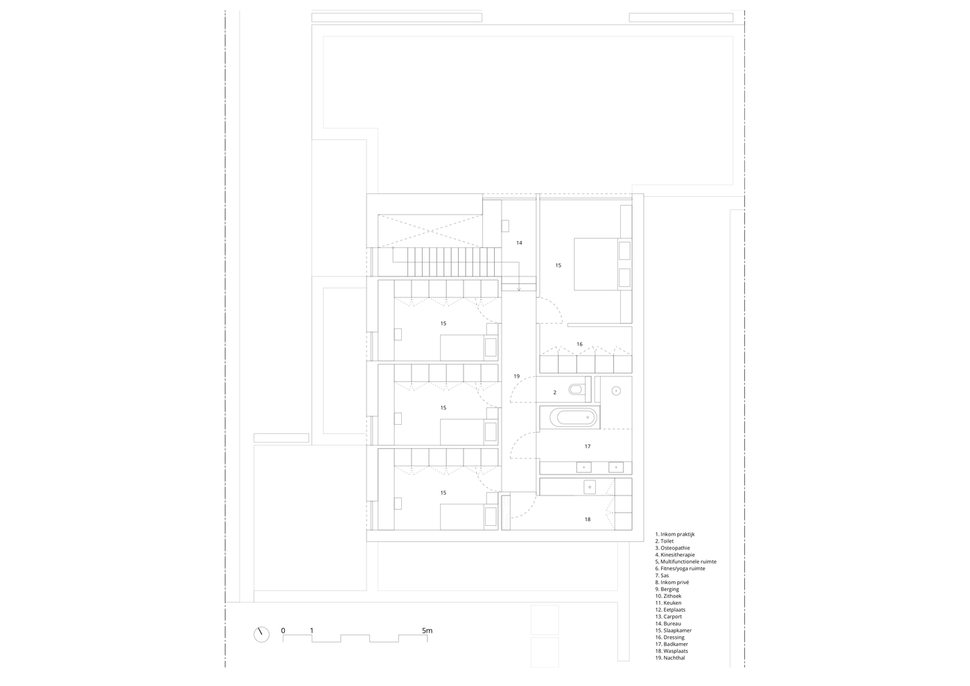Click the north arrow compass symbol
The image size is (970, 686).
pos(262,635)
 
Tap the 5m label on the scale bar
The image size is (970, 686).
pos(427,631)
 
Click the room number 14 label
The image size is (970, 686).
pos(519,243)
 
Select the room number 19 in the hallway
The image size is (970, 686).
pos(517,376)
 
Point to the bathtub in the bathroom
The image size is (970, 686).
pos(574,417)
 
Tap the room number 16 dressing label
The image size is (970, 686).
pos(579,344)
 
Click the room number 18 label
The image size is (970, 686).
pos(588,519)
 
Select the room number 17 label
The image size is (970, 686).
pos(588,446)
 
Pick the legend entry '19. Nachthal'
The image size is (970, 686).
pos(670,658)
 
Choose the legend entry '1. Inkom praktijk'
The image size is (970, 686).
pos(675,534)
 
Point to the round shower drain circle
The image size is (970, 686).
pos(616,391)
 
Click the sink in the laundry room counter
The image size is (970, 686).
pos(590,487)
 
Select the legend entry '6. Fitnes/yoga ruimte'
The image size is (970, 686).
pos(680,569)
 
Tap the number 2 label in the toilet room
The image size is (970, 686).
pos(555,393)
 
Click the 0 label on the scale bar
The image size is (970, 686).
pos(283,631)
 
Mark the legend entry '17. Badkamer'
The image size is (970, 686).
pos(671,644)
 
